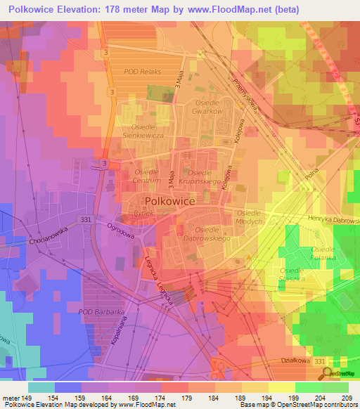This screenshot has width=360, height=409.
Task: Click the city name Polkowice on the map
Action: coord(169,200)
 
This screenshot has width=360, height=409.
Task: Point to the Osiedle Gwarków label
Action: coord(209,107)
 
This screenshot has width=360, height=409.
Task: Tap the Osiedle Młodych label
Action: coord(249,217)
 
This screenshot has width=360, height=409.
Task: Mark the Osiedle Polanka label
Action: coord(324,254)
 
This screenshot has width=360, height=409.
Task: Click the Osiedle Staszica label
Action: coord(292,275)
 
